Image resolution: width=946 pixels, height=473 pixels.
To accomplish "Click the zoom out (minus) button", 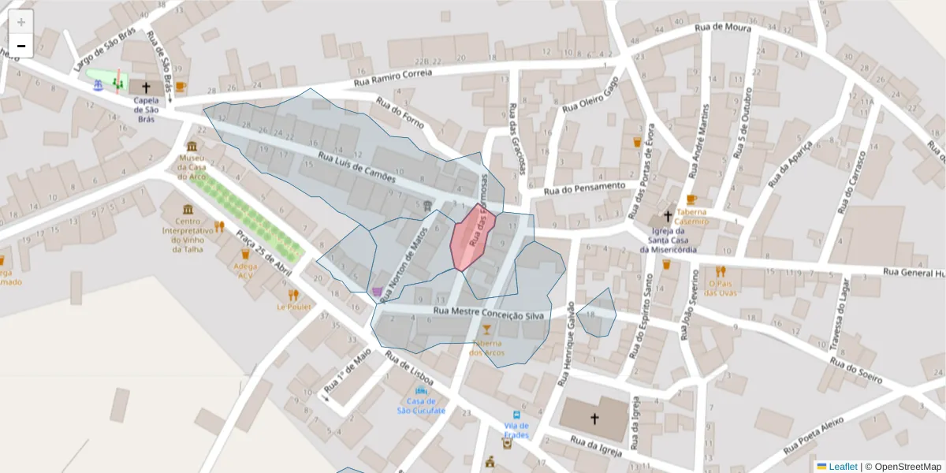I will click(21, 46).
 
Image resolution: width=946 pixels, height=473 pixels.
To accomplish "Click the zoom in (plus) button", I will click(21, 21).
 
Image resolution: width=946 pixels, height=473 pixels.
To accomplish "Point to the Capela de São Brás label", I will click(146, 110).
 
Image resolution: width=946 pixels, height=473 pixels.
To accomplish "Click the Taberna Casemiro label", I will click(692, 217).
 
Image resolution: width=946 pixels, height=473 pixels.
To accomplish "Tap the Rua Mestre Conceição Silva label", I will click(489, 315).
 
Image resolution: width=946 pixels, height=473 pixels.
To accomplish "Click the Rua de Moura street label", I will click(723, 28).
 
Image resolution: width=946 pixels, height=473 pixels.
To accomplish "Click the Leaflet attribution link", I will click(842, 466).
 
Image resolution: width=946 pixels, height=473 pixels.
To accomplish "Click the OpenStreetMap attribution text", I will click(903, 466).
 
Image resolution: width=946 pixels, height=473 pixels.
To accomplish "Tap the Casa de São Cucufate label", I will click(421, 406).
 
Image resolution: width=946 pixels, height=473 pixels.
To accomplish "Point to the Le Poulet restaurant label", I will click(293, 307).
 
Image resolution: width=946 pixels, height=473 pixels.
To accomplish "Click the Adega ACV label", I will click(245, 270).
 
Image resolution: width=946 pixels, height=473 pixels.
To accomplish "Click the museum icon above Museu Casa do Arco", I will click(192, 147).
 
